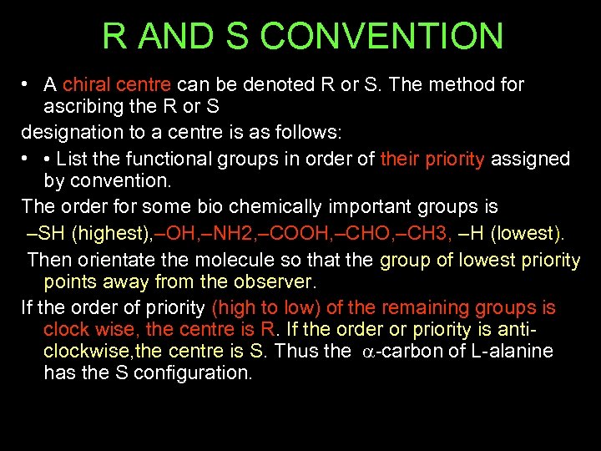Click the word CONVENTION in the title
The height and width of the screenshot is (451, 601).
coord(382,37)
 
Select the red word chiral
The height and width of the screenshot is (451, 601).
coord(86,84)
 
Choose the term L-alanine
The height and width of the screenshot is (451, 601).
coord(511,351)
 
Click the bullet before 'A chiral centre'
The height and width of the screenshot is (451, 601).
coord(28,84)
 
